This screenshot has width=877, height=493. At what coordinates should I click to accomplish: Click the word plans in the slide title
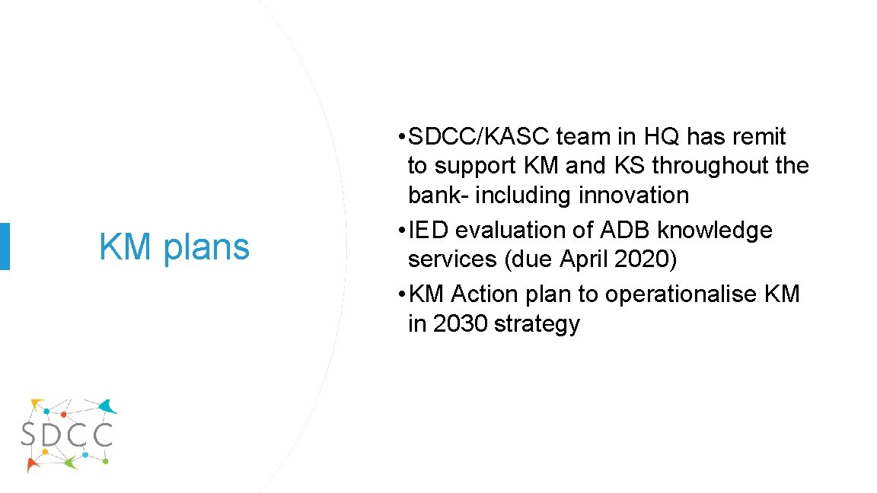(x=207, y=247)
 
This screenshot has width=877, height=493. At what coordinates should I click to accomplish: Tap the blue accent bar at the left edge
(x=5, y=246)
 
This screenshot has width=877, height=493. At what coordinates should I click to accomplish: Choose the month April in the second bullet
(x=585, y=259)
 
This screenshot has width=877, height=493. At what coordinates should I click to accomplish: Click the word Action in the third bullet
(x=487, y=294)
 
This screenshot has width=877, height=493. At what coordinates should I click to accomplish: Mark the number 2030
(x=461, y=324)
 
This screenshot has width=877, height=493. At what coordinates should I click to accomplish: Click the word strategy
(x=537, y=324)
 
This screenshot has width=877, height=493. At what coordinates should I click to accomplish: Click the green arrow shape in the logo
(x=70, y=461)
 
